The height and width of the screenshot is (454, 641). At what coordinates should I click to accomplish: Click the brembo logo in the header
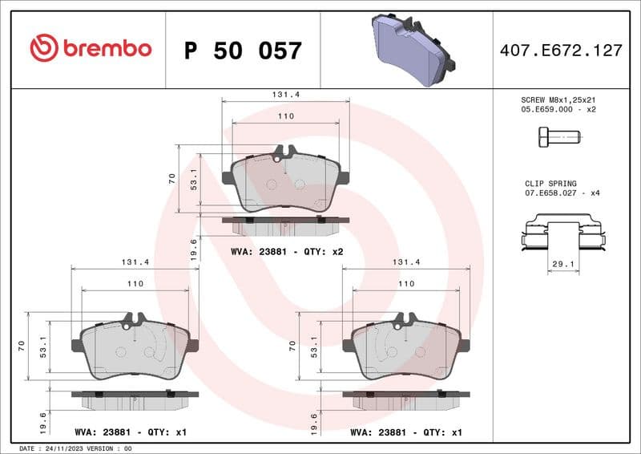tap(91, 48)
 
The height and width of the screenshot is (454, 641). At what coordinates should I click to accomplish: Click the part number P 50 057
tap(243, 51)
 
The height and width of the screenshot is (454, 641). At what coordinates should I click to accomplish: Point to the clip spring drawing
tap(562, 234)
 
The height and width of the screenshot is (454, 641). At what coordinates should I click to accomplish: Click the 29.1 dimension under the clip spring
tap(562, 263)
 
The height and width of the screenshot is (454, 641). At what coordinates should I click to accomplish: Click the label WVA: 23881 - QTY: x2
tap(287, 251)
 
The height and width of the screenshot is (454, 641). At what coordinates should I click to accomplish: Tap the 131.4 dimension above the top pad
tap(286, 94)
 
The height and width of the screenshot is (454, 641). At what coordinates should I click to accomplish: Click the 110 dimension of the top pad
tap(286, 116)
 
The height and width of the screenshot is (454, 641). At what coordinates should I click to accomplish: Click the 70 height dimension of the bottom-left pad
tap(21, 347)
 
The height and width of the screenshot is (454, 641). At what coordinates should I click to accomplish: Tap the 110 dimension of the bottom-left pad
tap(135, 284)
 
